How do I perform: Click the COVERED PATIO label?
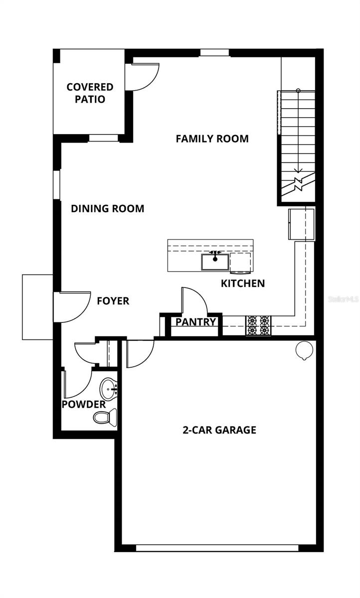click(x=90, y=93)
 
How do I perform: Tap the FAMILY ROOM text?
click(x=212, y=139)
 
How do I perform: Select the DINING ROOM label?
click(x=107, y=208)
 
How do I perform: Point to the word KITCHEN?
click(x=243, y=284)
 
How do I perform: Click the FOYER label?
click(x=113, y=301)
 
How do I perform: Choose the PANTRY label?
click(x=195, y=322)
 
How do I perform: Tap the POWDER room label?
click(x=83, y=404)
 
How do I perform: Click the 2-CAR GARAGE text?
click(x=219, y=430)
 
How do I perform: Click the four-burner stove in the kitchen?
click(x=258, y=325)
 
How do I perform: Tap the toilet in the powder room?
click(x=105, y=417)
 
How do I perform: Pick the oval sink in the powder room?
click(x=108, y=388)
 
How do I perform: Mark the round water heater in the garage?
click(x=303, y=351)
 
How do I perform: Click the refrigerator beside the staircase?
click(x=301, y=224)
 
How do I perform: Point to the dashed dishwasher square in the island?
click(x=241, y=262)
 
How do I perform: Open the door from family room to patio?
click(x=145, y=76)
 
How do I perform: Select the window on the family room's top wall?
click(x=215, y=53)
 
